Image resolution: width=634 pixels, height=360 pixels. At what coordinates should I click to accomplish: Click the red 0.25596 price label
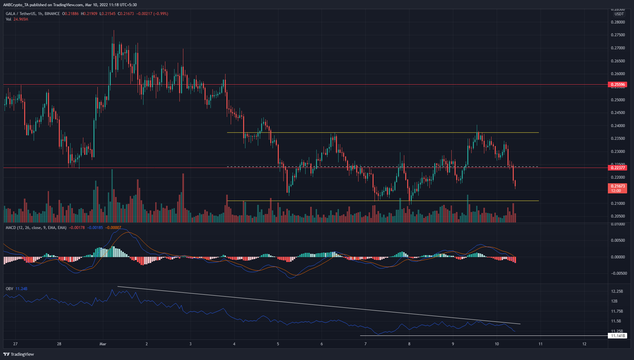pyautogui.click(x=618, y=85)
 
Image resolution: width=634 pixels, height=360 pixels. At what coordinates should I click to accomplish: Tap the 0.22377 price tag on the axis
pyautogui.click(x=618, y=168)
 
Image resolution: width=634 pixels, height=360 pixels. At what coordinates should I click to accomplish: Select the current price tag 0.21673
pyautogui.click(x=618, y=186)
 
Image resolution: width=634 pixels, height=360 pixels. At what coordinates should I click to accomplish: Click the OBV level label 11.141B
pyautogui.click(x=618, y=336)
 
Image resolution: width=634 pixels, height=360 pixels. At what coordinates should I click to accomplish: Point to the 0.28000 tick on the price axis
pyautogui.click(x=618, y=22)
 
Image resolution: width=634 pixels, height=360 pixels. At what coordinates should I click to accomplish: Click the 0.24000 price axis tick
pyautogui.click(x=618, y=126)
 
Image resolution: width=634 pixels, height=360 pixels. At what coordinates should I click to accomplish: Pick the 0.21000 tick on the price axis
pyautogui.click(x=618, y=204)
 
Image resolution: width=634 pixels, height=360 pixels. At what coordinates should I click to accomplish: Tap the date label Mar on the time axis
pyautogui.click(x=103, y=344)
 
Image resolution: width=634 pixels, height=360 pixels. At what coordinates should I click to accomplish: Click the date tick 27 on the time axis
pyautogui.click(x=15, y=344)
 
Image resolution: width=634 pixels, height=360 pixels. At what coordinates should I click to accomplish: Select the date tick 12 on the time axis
pyautogui.click(x=584, y=344)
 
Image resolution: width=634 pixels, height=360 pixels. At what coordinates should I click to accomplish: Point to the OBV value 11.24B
pyautogui.click(x=22, y=289)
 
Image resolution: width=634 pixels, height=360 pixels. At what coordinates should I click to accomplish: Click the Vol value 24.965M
pyautogui.click(x=21, y=19)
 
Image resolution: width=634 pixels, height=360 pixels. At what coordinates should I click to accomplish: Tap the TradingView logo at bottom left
pyautogui.click(x=19, y=354)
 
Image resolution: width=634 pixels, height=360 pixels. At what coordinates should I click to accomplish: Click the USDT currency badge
pyautogui.click(x=619, y=14)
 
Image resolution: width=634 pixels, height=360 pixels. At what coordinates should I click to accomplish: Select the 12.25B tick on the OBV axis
pyautogui.click(x=617, y=291)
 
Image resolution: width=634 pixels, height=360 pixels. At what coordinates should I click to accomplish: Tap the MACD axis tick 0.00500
pyautogui.click(x=618, y=240)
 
